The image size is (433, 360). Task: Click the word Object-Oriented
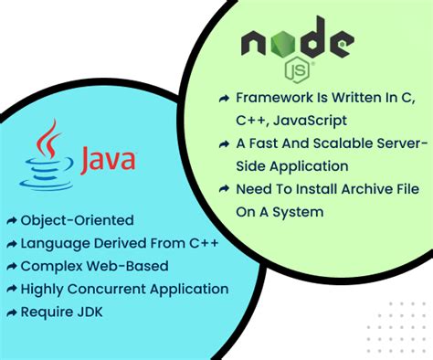[77, 220]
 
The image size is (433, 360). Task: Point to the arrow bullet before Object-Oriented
[10, 221]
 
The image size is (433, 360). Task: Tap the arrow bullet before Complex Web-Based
[10, 267]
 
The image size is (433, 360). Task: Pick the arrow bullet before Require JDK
[10, 312]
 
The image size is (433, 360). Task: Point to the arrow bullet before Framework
[224, 98]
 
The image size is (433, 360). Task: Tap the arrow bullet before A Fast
[224, 144]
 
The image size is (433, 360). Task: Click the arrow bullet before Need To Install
[224, 190]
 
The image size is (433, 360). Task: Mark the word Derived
[116, 243]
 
